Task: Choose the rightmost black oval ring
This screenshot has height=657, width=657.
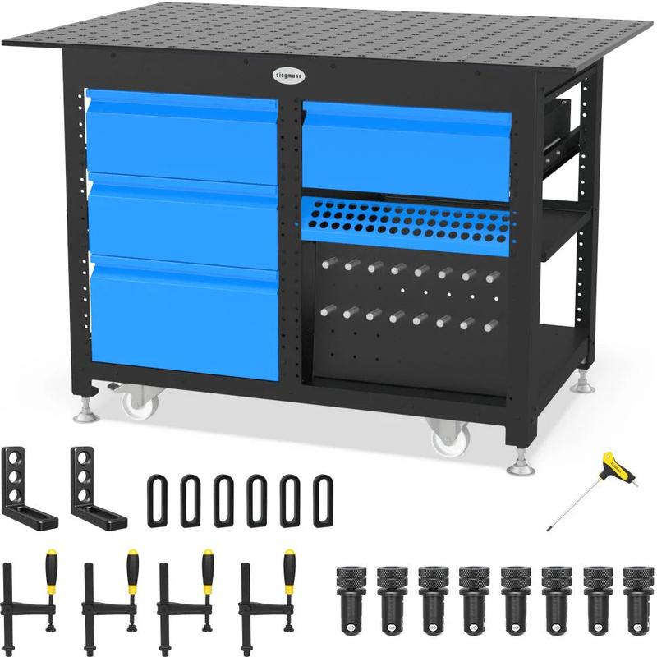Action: coord(324,500)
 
